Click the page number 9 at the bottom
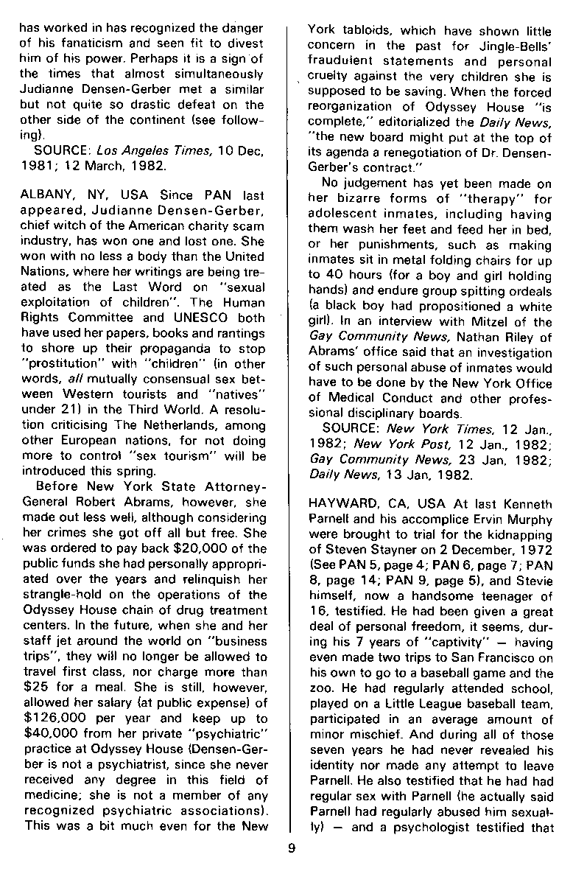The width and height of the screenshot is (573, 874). click(292, 847)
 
